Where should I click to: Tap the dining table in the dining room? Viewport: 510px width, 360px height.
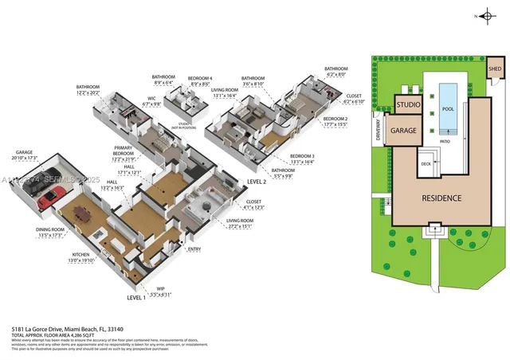[82, 213]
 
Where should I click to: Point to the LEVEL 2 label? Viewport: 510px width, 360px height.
[257, 182]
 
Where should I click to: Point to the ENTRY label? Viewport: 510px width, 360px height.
[194, 249]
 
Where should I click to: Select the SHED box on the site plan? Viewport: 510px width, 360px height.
[494, 69]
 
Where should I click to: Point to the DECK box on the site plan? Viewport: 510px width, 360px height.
[426, 165]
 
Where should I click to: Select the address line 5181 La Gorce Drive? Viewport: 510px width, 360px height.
[67, 328]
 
